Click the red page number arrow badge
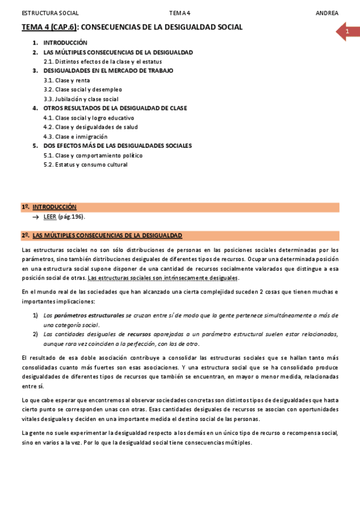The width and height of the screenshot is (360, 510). (x=347, y=31)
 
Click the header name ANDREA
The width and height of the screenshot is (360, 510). (x=327, y=13)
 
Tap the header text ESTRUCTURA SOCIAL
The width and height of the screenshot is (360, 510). (x=50, y=13)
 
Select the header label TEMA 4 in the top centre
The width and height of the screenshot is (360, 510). (x=179, y=13)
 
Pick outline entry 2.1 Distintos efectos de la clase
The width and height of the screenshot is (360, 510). (x=102, y=61)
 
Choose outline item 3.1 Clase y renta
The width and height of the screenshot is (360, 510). (x=67, y=80)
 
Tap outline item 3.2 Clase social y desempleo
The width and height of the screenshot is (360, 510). (x=82, y=90)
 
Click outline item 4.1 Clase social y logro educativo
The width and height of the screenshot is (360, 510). (x=88, y=118)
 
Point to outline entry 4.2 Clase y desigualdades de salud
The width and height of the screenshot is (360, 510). (x=90, y=127)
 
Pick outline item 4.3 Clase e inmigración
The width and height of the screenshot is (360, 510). (x=75, y=137)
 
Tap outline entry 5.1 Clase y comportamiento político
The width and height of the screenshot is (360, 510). (x=93, y=155)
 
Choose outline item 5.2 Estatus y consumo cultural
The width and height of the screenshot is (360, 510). (x=87, y=165)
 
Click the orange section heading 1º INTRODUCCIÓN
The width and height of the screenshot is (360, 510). (x=54, y=207)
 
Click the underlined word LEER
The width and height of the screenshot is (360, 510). (x=50, y=217)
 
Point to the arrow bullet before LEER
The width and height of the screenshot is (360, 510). (x=37, y=217)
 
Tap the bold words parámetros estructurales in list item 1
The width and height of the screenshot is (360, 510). (x=89, y=315)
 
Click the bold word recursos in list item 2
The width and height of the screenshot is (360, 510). (x=139, y=334)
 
